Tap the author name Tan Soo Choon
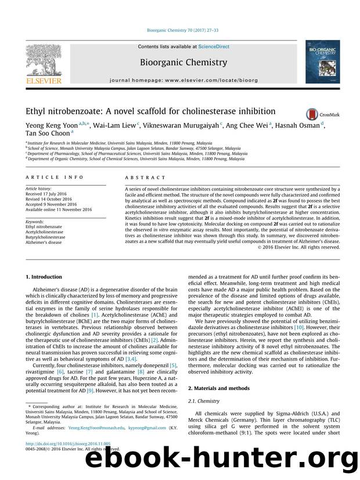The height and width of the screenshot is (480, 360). [46, 133]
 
